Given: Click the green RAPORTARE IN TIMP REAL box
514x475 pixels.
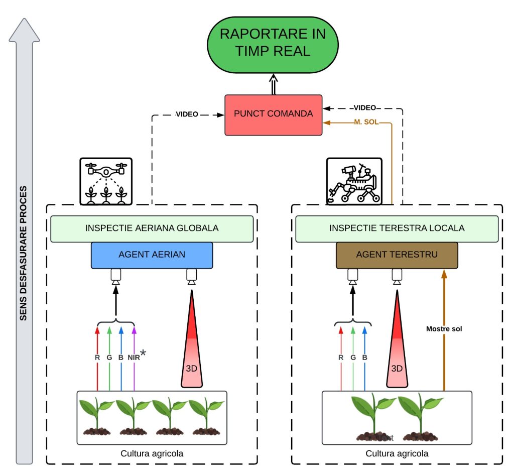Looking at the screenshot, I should click(x=273, y=43).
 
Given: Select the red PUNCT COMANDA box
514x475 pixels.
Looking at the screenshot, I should click(x=273, y=114).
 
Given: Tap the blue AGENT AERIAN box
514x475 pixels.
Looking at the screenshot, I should click(x=152, y=255).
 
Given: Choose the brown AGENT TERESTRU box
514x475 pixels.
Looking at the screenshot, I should click(x=397, y=255).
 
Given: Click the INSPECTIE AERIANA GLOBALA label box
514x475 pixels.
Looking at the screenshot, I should click(x=152, y=228).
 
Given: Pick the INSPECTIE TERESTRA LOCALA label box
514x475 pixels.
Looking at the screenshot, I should click(x=397, y=228).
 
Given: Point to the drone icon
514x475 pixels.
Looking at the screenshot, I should click(x=105, y=181).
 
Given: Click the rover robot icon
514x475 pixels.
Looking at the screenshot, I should click(x=354, y=181).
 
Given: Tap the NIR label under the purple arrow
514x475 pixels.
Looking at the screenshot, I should click(x=133, y=358).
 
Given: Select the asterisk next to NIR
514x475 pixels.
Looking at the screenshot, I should click(x=143, y=353).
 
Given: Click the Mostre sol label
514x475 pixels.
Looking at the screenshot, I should click(x=444, y=329).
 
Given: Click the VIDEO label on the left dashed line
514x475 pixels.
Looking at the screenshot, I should click(x=186, y=114).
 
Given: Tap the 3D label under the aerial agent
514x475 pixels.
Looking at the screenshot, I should click(x=191, y=368).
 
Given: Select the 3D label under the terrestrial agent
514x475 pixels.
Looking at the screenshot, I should click(x=397, y=368).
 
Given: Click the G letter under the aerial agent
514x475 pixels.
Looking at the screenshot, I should click(x=109, y=358).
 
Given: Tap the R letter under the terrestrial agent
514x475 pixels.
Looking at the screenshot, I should click(x=341, y=358).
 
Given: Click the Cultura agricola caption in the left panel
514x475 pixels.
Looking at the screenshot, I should click(x=152, y=453).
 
